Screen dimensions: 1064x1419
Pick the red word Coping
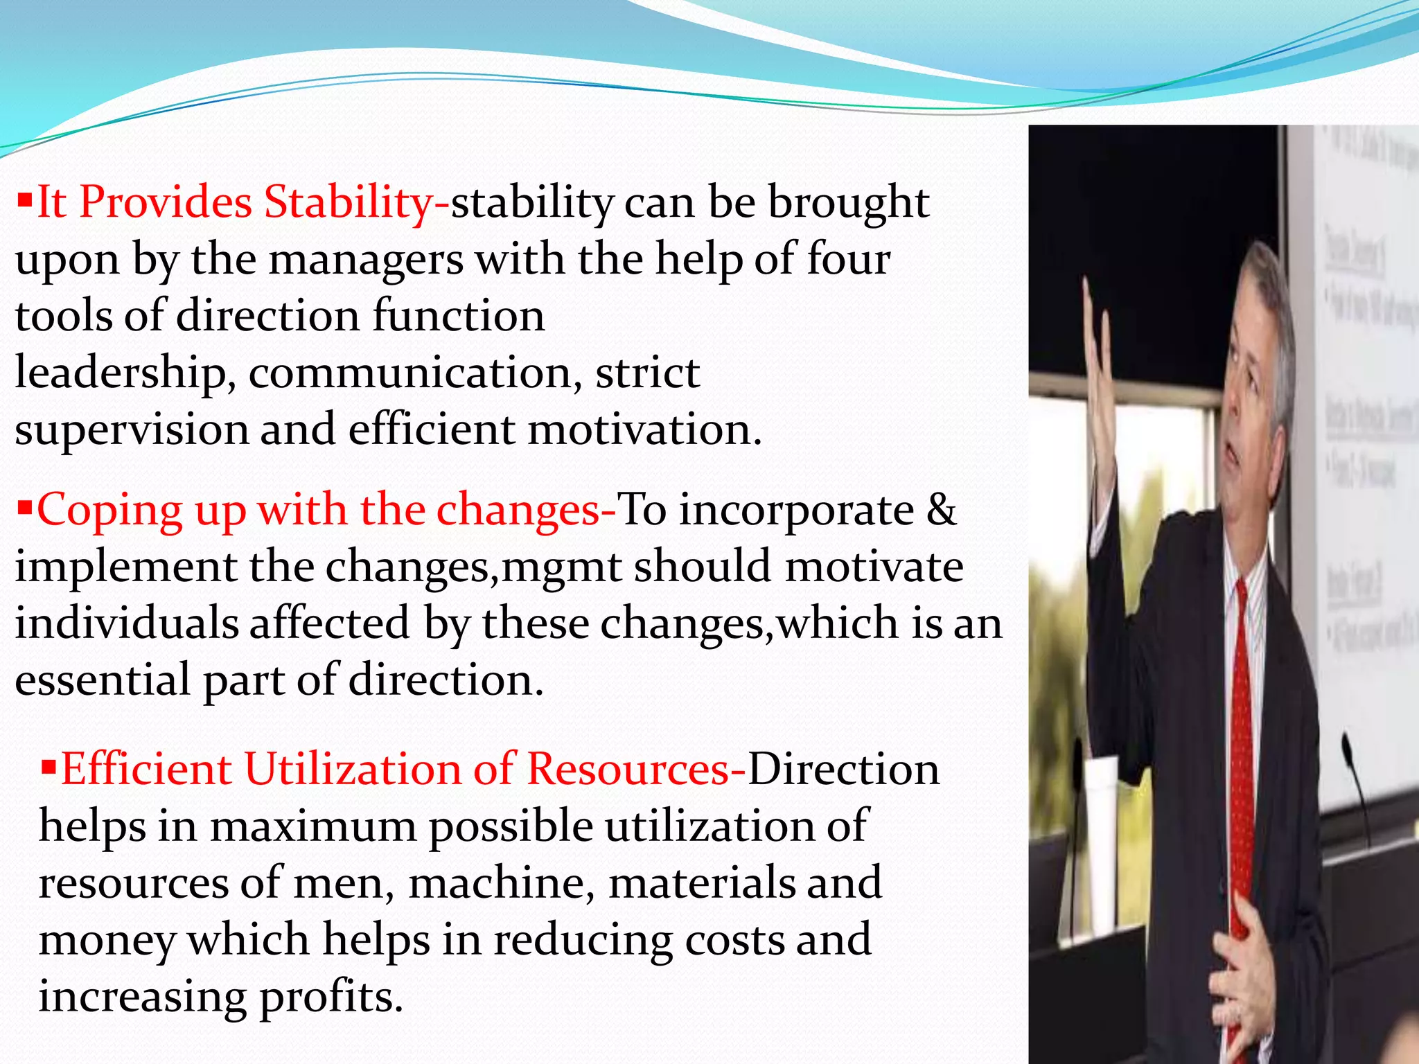point(109,511)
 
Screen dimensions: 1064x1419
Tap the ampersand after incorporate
point(942,510)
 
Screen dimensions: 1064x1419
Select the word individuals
point(127,622)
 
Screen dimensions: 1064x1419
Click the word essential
point(103,679)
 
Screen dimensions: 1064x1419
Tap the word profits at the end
point(331,997)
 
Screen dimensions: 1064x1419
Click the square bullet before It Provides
point(25,202)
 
